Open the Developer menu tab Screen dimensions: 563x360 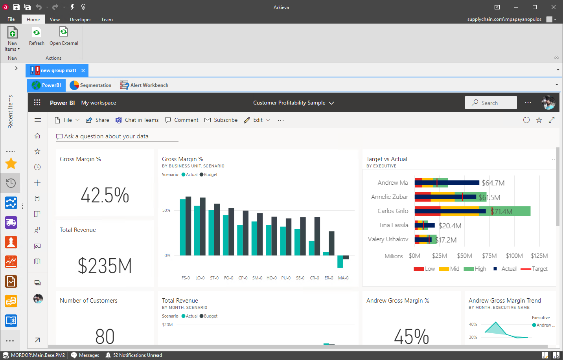click(81, 19)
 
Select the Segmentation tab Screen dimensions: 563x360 click(90, 85)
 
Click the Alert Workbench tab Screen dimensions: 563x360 click(144, 85)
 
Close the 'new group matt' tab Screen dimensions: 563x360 click(83, 71)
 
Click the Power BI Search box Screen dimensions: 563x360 click(491, 103)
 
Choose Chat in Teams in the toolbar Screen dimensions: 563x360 click(137, 120)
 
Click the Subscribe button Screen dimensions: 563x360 click(221, 120)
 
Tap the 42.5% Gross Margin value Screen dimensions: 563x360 click(105, 195)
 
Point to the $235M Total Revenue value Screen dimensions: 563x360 click(105, 266)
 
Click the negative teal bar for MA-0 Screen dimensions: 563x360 click(340, 262)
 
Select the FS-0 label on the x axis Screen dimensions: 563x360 click(186, 278)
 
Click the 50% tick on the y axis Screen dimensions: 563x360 click(166, 210)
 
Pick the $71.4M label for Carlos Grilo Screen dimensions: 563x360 click(502, 211)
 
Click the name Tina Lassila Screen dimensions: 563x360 click(394, 225)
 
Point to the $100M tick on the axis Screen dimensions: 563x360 click(514, 256)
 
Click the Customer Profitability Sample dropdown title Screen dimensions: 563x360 click(293, 103)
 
